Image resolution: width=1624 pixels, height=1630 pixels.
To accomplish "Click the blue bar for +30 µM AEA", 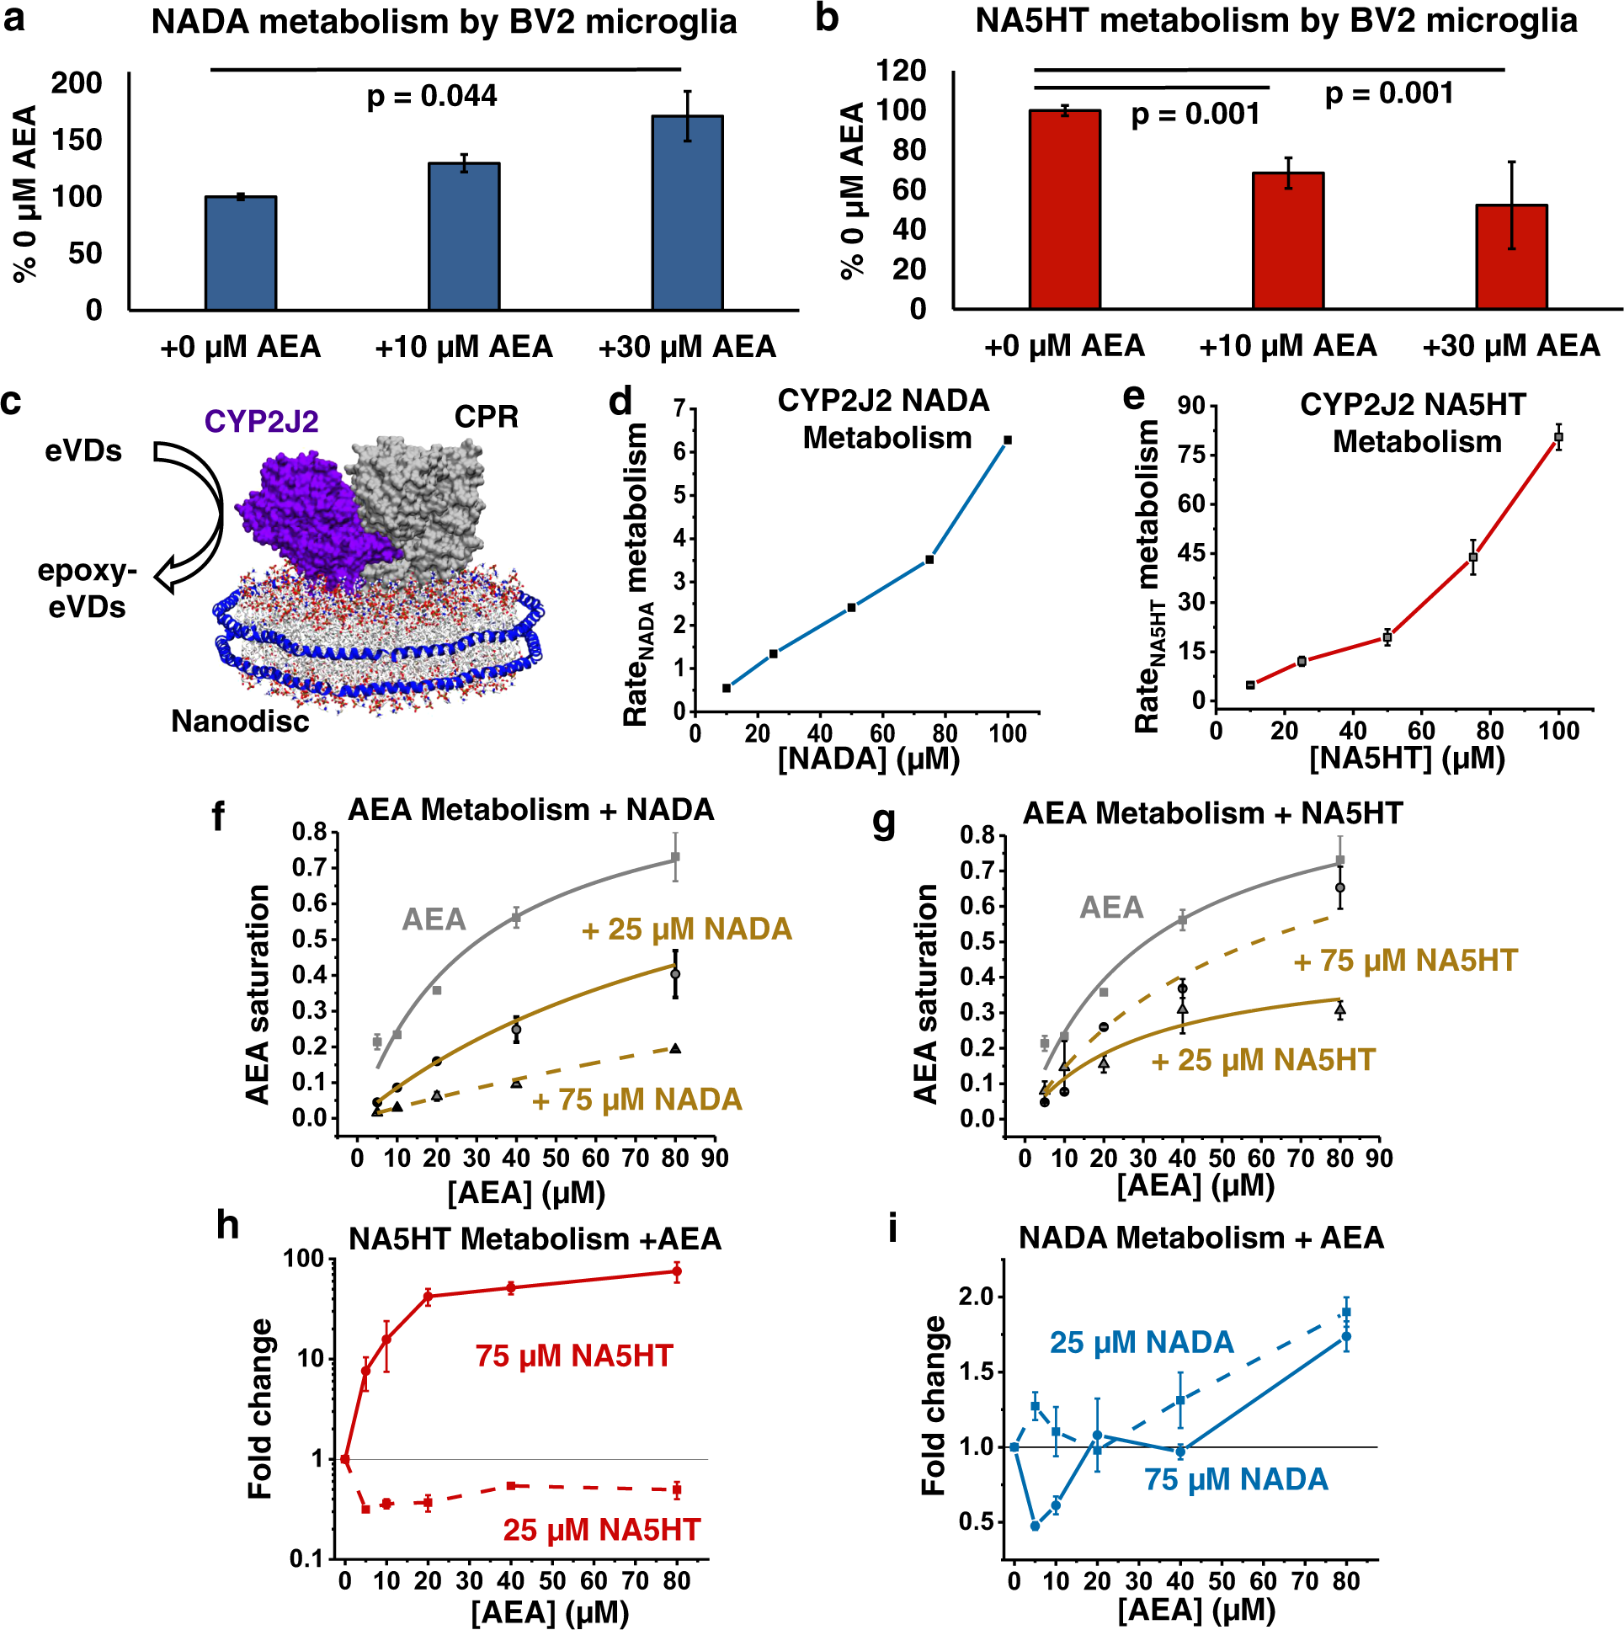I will (x=687, y=213).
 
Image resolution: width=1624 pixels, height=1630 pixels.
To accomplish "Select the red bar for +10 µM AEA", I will (x=1287, y=241).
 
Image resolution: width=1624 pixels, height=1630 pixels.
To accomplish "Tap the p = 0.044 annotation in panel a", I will (x=431, y=96).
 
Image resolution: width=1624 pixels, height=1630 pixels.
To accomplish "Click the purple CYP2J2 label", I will (x=261, y=421).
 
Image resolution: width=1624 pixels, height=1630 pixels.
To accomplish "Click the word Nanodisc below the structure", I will (x=240, y=722).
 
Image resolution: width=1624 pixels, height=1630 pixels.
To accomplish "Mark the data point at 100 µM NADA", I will (x=1007, y=440).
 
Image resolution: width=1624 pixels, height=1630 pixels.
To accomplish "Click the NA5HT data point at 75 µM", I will (x=1473, y=557).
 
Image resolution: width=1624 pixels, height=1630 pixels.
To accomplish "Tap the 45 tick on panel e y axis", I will (x=1191, y=553).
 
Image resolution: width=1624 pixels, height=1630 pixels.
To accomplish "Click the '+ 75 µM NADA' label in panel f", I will (x=637, y=1100).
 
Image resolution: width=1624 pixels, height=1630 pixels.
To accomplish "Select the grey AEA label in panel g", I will (x=1111, y=907).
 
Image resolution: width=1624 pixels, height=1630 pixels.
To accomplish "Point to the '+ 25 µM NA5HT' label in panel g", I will (x=1263, y=1060).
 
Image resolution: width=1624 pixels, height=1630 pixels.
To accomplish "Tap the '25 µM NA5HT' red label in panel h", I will (x=601, y=1530).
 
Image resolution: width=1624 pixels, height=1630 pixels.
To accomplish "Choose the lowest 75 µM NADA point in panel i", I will (x=1036, y=1526).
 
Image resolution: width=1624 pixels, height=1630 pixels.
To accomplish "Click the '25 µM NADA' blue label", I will (x=1142, y=1342).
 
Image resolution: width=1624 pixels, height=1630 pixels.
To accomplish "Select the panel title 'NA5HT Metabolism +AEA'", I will (x=535, y=1238).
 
